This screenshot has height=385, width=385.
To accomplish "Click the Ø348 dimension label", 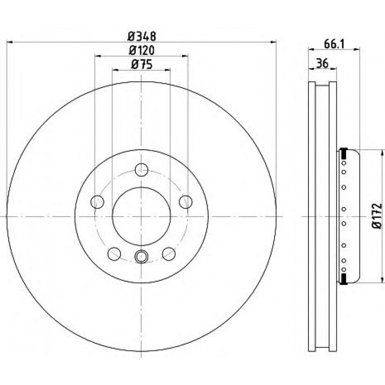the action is coord(142,37).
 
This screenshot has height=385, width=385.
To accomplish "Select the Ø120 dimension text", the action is coord(142,51).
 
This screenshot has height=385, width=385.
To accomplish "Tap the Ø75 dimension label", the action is coord(142,65).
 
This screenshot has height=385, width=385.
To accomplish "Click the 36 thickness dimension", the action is coord(322,63).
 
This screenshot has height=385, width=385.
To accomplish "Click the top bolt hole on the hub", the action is coord(142,170).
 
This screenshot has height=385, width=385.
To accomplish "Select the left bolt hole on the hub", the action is coord(97,202).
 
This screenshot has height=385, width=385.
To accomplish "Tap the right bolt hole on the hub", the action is coord(186,202).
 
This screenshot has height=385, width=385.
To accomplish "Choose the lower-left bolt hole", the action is coord(114,254).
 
